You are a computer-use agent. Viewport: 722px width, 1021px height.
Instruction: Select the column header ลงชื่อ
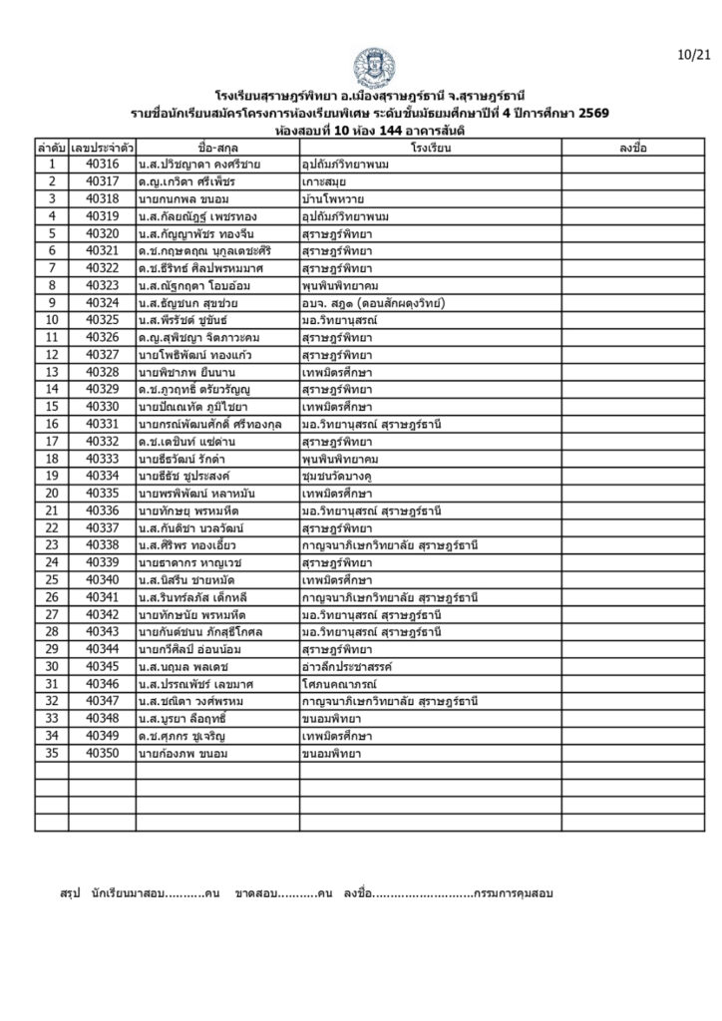pos(632,149)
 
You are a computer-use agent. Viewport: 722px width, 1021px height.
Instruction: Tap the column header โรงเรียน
pos(430,149)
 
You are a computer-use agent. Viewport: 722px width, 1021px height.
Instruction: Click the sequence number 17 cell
pos(51,441)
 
